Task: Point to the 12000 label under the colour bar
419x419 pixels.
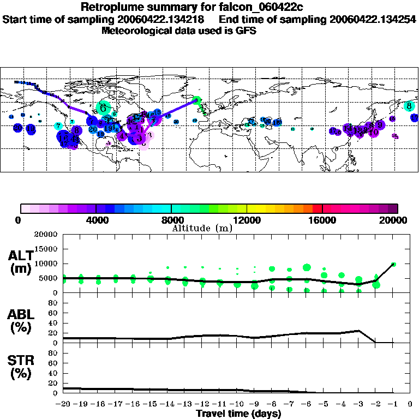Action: (247, 220)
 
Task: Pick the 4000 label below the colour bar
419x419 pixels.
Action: (96, 220)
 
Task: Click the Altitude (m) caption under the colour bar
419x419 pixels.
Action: (202, 228)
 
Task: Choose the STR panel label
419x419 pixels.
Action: (20, 367)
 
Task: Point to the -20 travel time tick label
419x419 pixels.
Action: (63, 404)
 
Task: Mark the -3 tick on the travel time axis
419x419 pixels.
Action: (358, 404)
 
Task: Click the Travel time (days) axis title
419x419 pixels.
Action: (238, 414)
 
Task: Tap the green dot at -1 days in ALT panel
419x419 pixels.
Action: (393, 264)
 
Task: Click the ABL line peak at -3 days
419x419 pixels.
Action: (358, 331)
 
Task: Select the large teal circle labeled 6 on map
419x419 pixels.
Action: (103, 107)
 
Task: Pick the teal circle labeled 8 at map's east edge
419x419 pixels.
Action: (409, 106)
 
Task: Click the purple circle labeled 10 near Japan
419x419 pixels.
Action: (374, 132)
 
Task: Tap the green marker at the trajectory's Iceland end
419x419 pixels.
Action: (197, 100)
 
